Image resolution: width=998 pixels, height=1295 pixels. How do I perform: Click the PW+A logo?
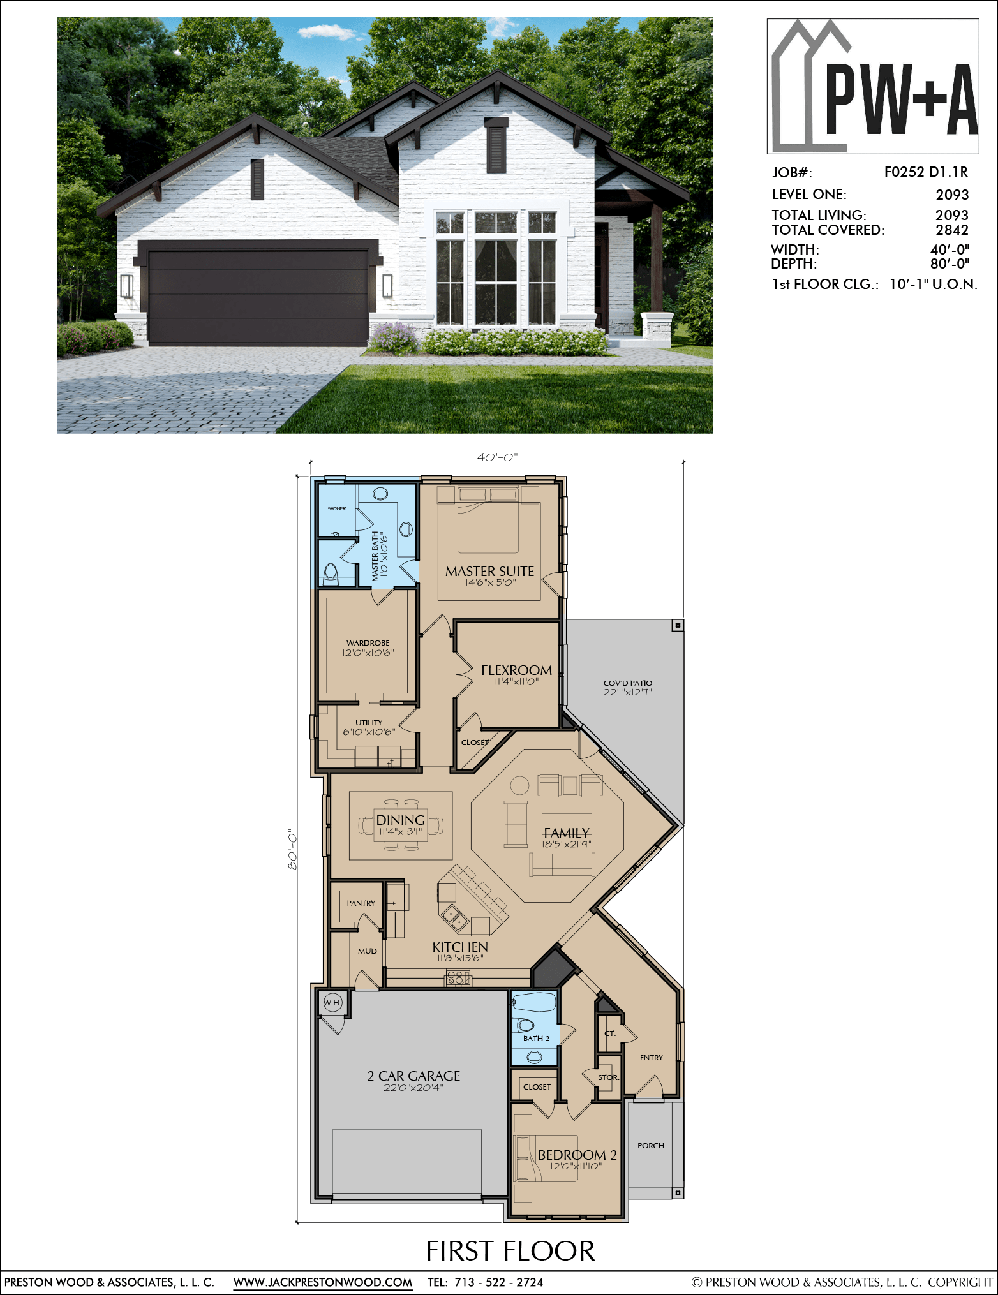pyautogui.click(x=873, y=86)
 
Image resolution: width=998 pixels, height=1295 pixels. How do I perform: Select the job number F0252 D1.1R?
pyautogui.click(x=926, y=172)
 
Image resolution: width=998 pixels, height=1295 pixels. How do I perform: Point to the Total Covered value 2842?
pyautogui.click(x=952, y=230)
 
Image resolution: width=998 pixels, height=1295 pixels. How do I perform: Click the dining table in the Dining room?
pyautogui.click(x=401, y=825)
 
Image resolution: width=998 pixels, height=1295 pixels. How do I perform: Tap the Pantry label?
pyautogui.click(x=361, y=903)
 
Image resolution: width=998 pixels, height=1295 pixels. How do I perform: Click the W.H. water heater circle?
pyautogui.click(x=332, y=1002)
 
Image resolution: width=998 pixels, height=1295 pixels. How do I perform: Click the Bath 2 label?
pyautogui.click(x=536, y=1039)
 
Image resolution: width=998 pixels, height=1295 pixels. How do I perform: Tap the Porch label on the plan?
pyautogui.click(x=651, y=1146)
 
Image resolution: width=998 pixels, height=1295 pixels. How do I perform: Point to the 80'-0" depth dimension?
pyautogui.click(x=293, y=849)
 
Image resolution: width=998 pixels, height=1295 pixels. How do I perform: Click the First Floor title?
pyautogui.click(x=510, y=1251)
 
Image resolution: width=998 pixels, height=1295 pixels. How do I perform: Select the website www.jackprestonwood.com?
pyautogui.click(x=323, y=1282)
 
